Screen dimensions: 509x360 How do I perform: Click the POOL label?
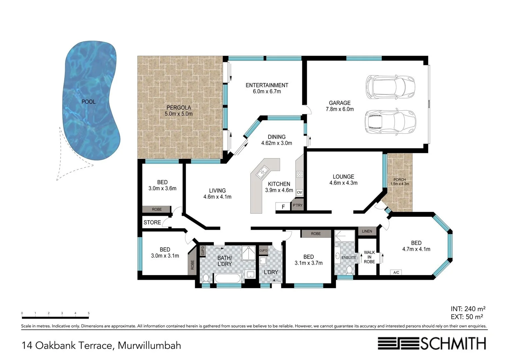pyautogui.click(x=88, y=102)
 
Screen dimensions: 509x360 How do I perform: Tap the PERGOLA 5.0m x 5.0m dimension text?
pyautogui.click(x=179, y=114)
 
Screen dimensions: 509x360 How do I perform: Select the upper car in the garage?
pyautogui.click(x=390, y=87)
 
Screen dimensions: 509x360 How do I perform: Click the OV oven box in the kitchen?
pyautogui.click(x=299, y=192)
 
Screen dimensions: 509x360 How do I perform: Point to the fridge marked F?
pyautogui.click(x=283, y=206)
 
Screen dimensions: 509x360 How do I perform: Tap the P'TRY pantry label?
pyautogui.click(x=297, y=205)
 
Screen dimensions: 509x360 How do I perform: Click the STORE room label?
pyautogui.click(x=152, y=222)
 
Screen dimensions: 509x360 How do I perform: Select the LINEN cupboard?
pyautogui.click(x=367, y=231)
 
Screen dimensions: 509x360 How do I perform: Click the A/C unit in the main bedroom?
pyautogui.click(x=396, y=272)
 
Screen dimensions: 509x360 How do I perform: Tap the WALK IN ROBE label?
pyautogui.click(x=369, y=257)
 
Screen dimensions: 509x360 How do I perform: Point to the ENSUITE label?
pyautogui.click(x=349, y=257)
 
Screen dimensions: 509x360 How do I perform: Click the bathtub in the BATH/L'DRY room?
pyautogui.click(x=228, y=278)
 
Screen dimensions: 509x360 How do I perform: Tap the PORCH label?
pyautogui.click(x=399, y=180)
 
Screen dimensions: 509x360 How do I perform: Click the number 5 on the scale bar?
pyautogui.click(x=89, y=313)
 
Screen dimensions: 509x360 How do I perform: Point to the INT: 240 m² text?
pyautogui.click(x=468, y=309)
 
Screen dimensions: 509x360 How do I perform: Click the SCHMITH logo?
pyautogui.click(x=432, y=343)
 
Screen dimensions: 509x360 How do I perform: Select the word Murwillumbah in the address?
pyautogui.click(x=149, y=346)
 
